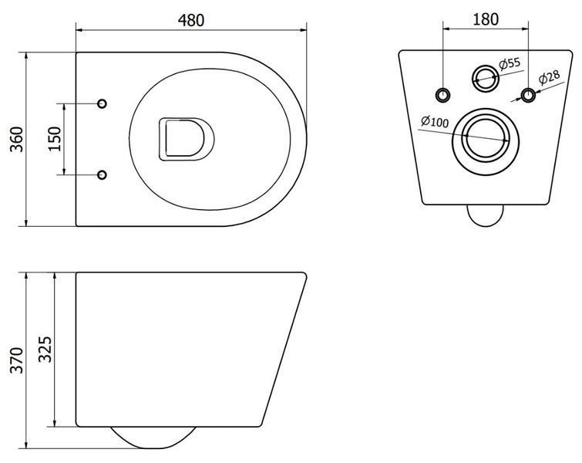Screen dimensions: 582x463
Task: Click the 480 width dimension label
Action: [x=191, y=20]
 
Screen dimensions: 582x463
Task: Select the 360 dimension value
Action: [x=17, y=140]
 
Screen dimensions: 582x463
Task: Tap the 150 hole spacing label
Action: [x=55, y=139]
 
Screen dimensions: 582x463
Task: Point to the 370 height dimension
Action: [x=17, y=360]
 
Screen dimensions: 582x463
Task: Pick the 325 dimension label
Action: [x=45, y=349]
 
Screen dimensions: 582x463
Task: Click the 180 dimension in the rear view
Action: [x=486, y=19]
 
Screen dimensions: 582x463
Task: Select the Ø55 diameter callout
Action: [x=510, y=64]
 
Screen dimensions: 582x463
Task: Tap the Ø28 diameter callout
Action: [x=549, y=77]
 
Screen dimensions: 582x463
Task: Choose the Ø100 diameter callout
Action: [x=435, y=121]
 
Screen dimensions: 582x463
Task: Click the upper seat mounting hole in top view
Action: [x=102, y=103]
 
